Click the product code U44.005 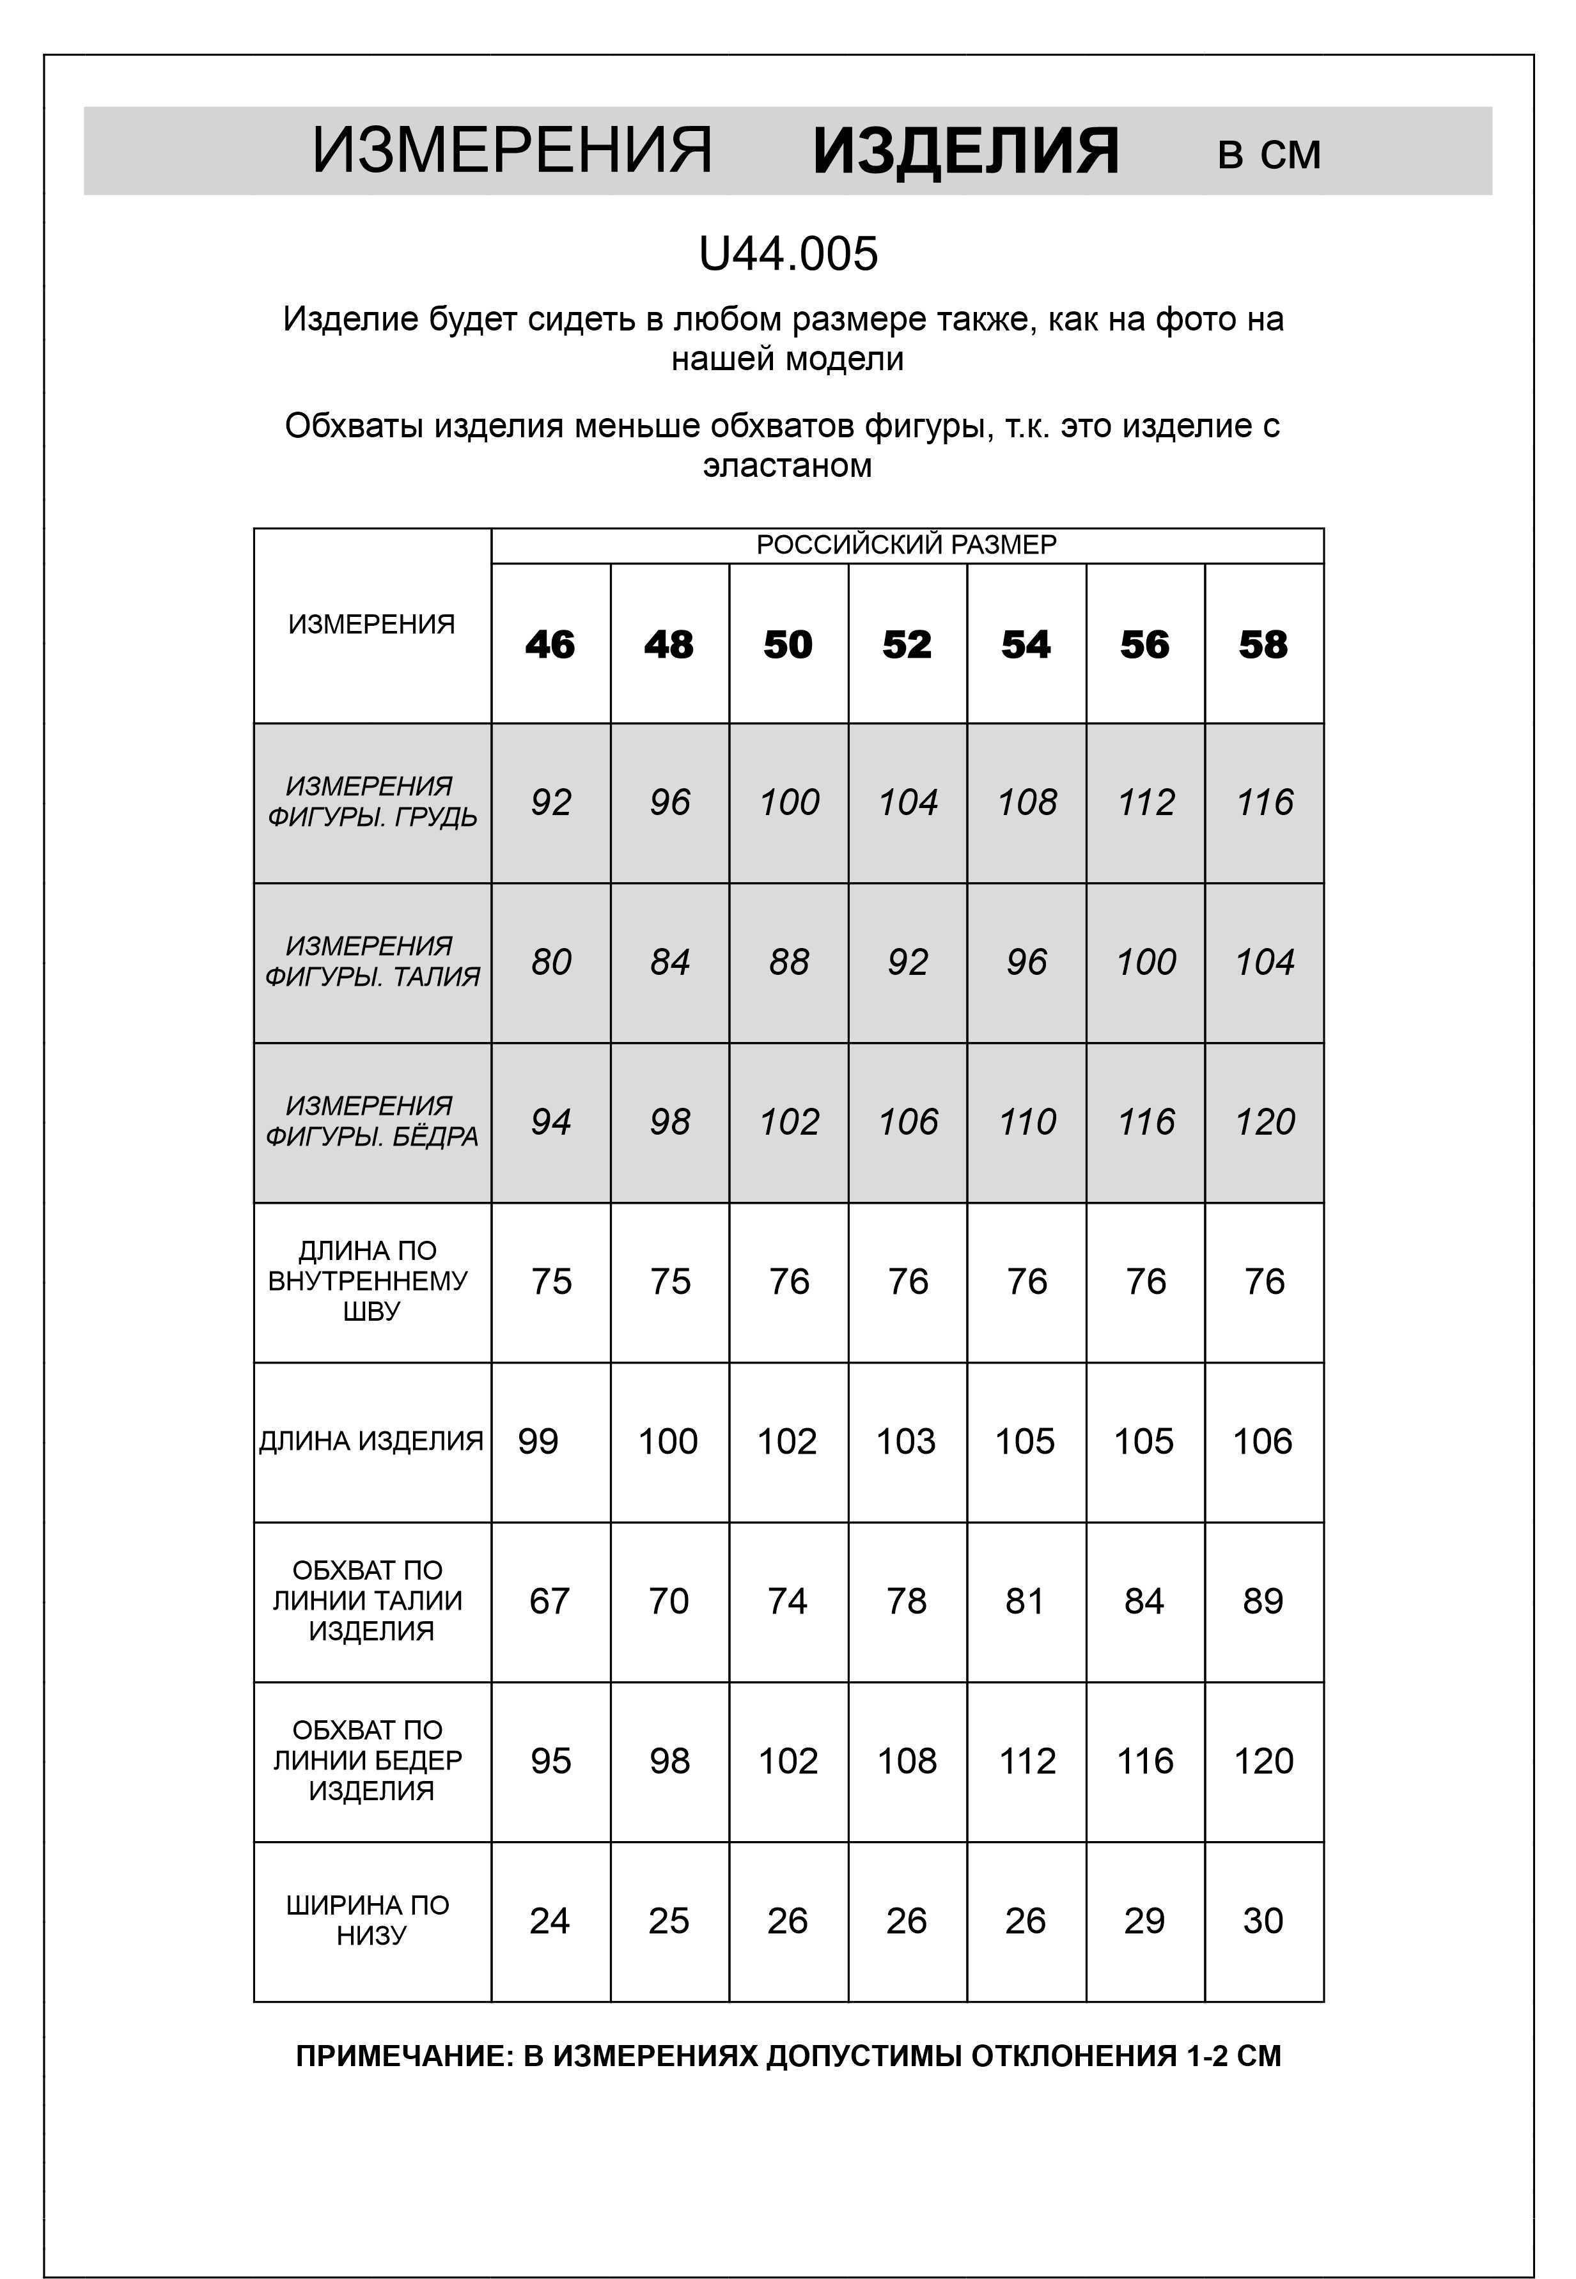(x=787, y=254)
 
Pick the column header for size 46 (x=549, y=645)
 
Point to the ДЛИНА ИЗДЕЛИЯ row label (x=371, y=1441)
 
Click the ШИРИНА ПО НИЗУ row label (x=368, y=1920)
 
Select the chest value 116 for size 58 (x=1264, y=802)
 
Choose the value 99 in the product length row (x=538, y=1441)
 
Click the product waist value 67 (x=549, y=1601)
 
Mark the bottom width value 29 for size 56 (x=1144, y=1920)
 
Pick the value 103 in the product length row (x=905, y=1441)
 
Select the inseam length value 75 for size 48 (x=669, y=1282)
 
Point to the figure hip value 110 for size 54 (x=1026, y=1122)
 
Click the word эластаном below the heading (x=787, y=465)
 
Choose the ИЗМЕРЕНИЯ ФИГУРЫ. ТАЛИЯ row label (x=371, y=961)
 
